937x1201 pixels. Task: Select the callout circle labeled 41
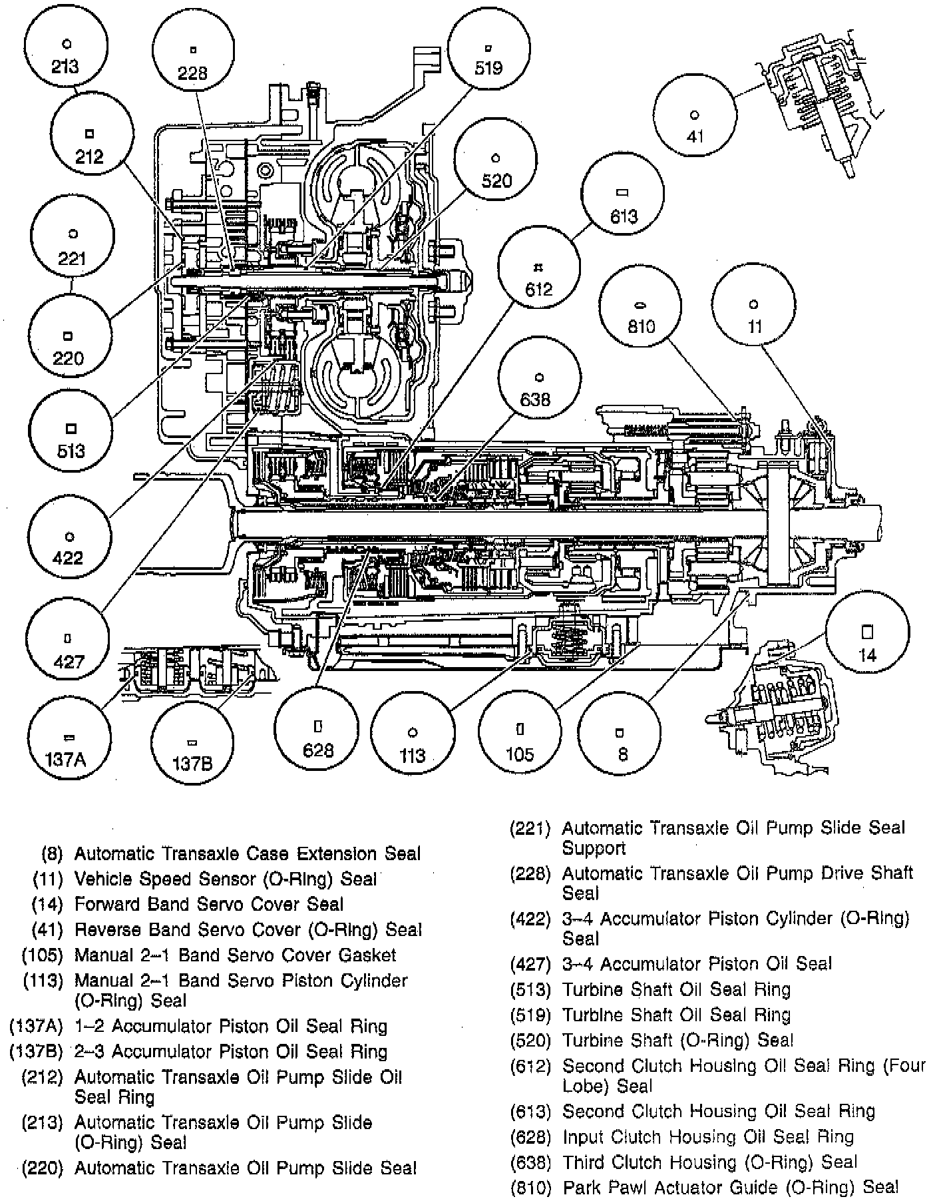point(695,114)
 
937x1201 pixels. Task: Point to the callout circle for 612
point(538,274)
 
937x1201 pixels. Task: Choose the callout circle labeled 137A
point(67,741)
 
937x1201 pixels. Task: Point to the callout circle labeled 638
point(538,384)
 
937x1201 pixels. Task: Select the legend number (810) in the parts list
point(530,1187)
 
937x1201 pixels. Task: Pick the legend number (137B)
point(35,1052)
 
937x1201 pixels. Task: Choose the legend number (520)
point(530,1041)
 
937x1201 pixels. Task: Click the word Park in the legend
point(581,1187)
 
